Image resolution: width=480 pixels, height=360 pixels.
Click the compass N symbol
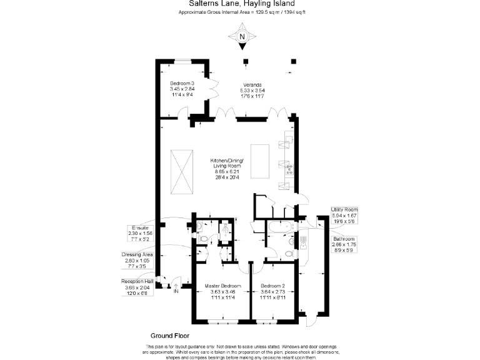(243, 36)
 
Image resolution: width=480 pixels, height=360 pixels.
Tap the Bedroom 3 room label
(182, 89)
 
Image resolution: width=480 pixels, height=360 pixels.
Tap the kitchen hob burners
(289, 168)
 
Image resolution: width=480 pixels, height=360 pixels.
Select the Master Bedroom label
(223, 292)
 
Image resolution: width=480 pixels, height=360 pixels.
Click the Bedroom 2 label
(273, 292)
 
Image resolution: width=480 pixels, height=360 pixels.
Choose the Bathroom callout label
(344, 244)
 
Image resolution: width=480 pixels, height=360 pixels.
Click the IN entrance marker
(176, 291)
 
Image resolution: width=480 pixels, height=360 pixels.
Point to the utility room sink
(302, 240)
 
